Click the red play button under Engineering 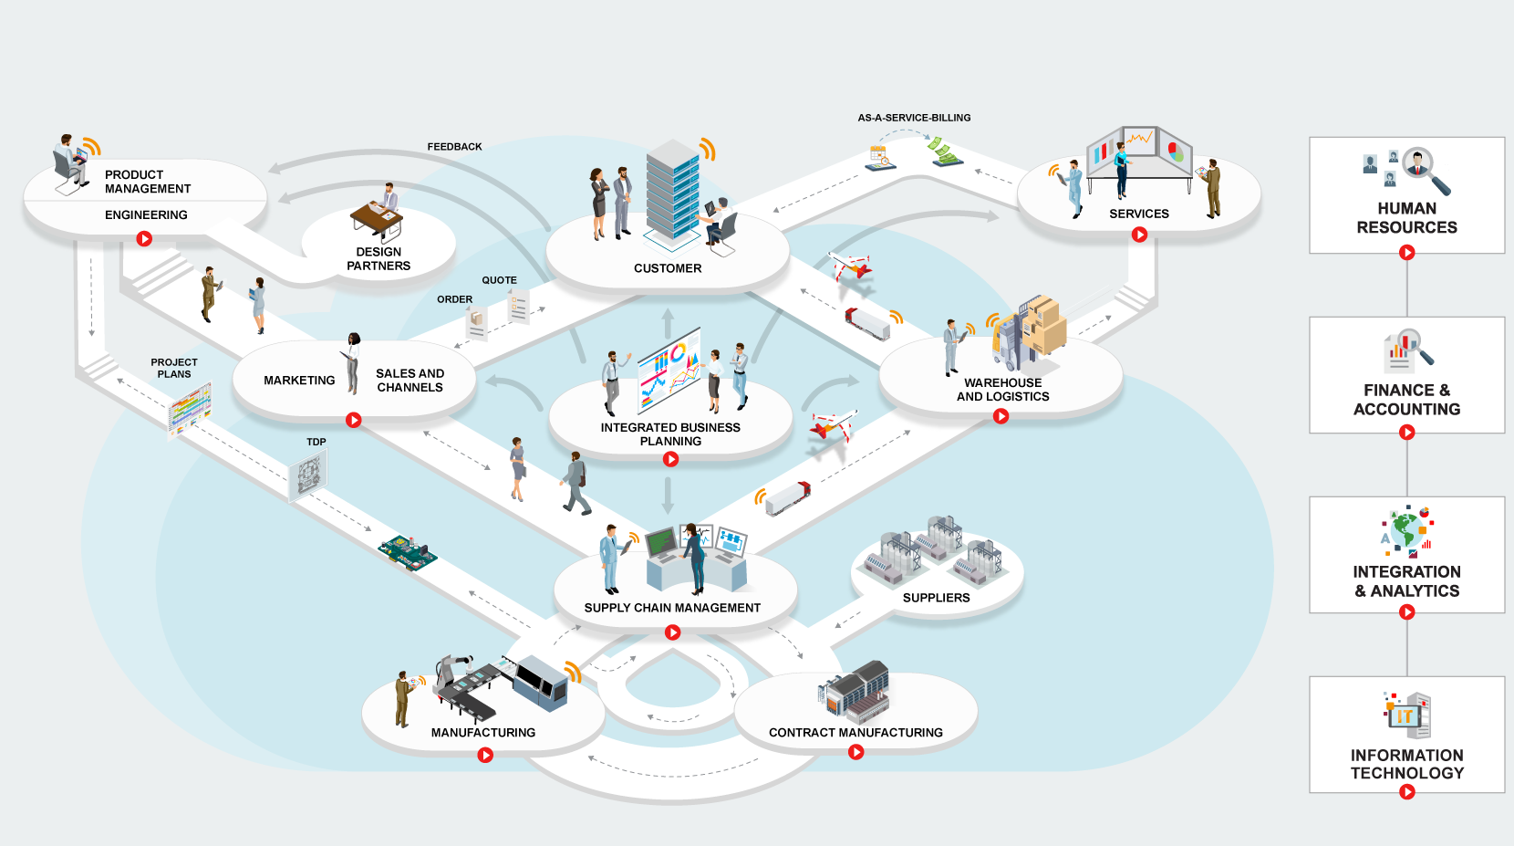point(144,239)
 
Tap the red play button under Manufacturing point(485,755)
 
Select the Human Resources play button point(1407,253)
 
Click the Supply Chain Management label point(672,608)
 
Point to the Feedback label point(454,147)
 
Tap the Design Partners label point(378,259)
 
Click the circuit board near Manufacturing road point(408,552)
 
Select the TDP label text point(316,442)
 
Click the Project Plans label point(174,368)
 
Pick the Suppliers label point(936,598)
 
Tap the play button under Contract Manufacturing point(856,752)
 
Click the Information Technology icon point(1407,715)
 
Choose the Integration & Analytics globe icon point(1406,530)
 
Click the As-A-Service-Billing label point(914,118)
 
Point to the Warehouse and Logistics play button point(1001,416)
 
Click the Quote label point(499,280)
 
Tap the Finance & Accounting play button point(1407,433)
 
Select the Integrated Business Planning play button point(670,459)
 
